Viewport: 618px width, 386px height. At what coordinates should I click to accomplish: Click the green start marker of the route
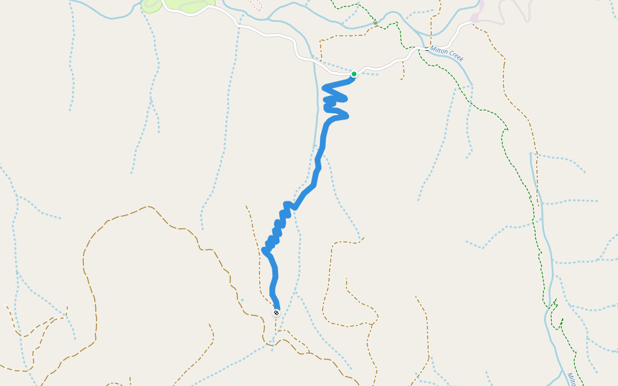tap(354, 74)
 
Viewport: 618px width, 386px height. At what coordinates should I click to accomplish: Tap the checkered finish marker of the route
tap(276, 313)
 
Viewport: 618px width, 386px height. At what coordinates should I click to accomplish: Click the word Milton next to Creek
tap(439, 51)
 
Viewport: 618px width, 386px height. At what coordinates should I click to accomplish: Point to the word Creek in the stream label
tap(455, 58)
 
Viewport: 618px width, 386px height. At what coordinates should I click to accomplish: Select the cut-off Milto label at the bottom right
tap(571, 378)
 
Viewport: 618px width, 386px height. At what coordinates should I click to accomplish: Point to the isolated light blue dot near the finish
tap(242, 300)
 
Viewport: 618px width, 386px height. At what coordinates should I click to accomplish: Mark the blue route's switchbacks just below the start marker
tap(335, 100)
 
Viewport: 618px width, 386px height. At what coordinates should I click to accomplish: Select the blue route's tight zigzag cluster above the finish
tap(277, 228)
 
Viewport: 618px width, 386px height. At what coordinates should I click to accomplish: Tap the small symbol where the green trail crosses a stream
tap(375, 24)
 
